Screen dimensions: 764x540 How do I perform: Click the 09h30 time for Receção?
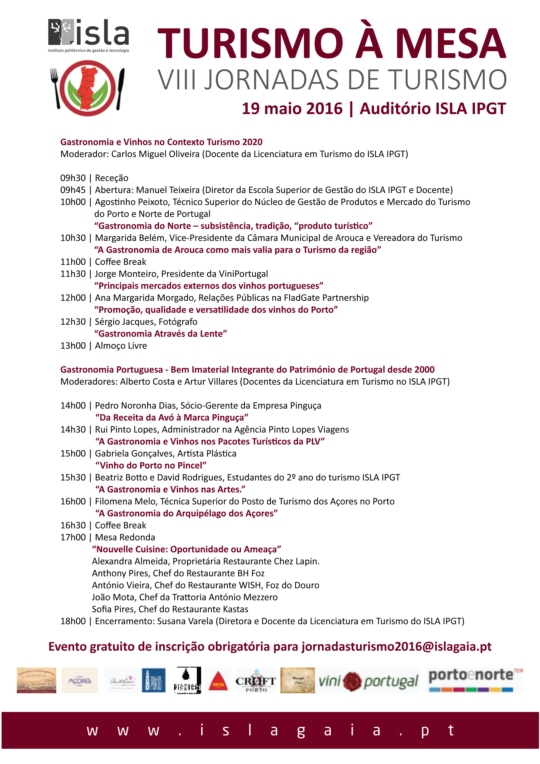coord(73,178)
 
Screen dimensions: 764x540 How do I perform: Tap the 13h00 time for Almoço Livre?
coord(73,346)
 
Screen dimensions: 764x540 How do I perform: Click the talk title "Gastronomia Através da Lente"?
coord(160,334)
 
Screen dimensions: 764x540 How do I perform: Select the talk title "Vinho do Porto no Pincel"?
coord(151,465)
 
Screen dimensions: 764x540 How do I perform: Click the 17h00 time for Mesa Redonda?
coord(73,538)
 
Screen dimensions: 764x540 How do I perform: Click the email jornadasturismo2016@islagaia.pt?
coord(396,647)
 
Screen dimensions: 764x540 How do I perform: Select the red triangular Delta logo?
coord(218,681)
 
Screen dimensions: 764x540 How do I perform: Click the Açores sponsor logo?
coord(80,681)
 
